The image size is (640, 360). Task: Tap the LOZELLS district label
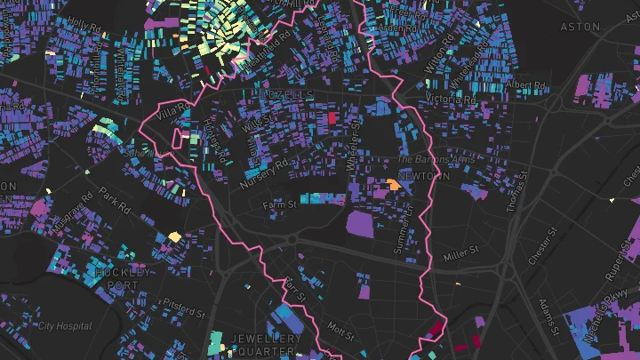pyautogui.click(x=289, y=93)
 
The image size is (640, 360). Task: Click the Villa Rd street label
pyautogui.click(x=174, y=114)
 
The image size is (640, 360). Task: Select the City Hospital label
pyautogui.click(x=64, y=325)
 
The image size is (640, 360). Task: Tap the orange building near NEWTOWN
pyautogui.click(x=392, y=185)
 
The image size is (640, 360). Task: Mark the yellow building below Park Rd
pyautogui.click(x=175, y=236)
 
